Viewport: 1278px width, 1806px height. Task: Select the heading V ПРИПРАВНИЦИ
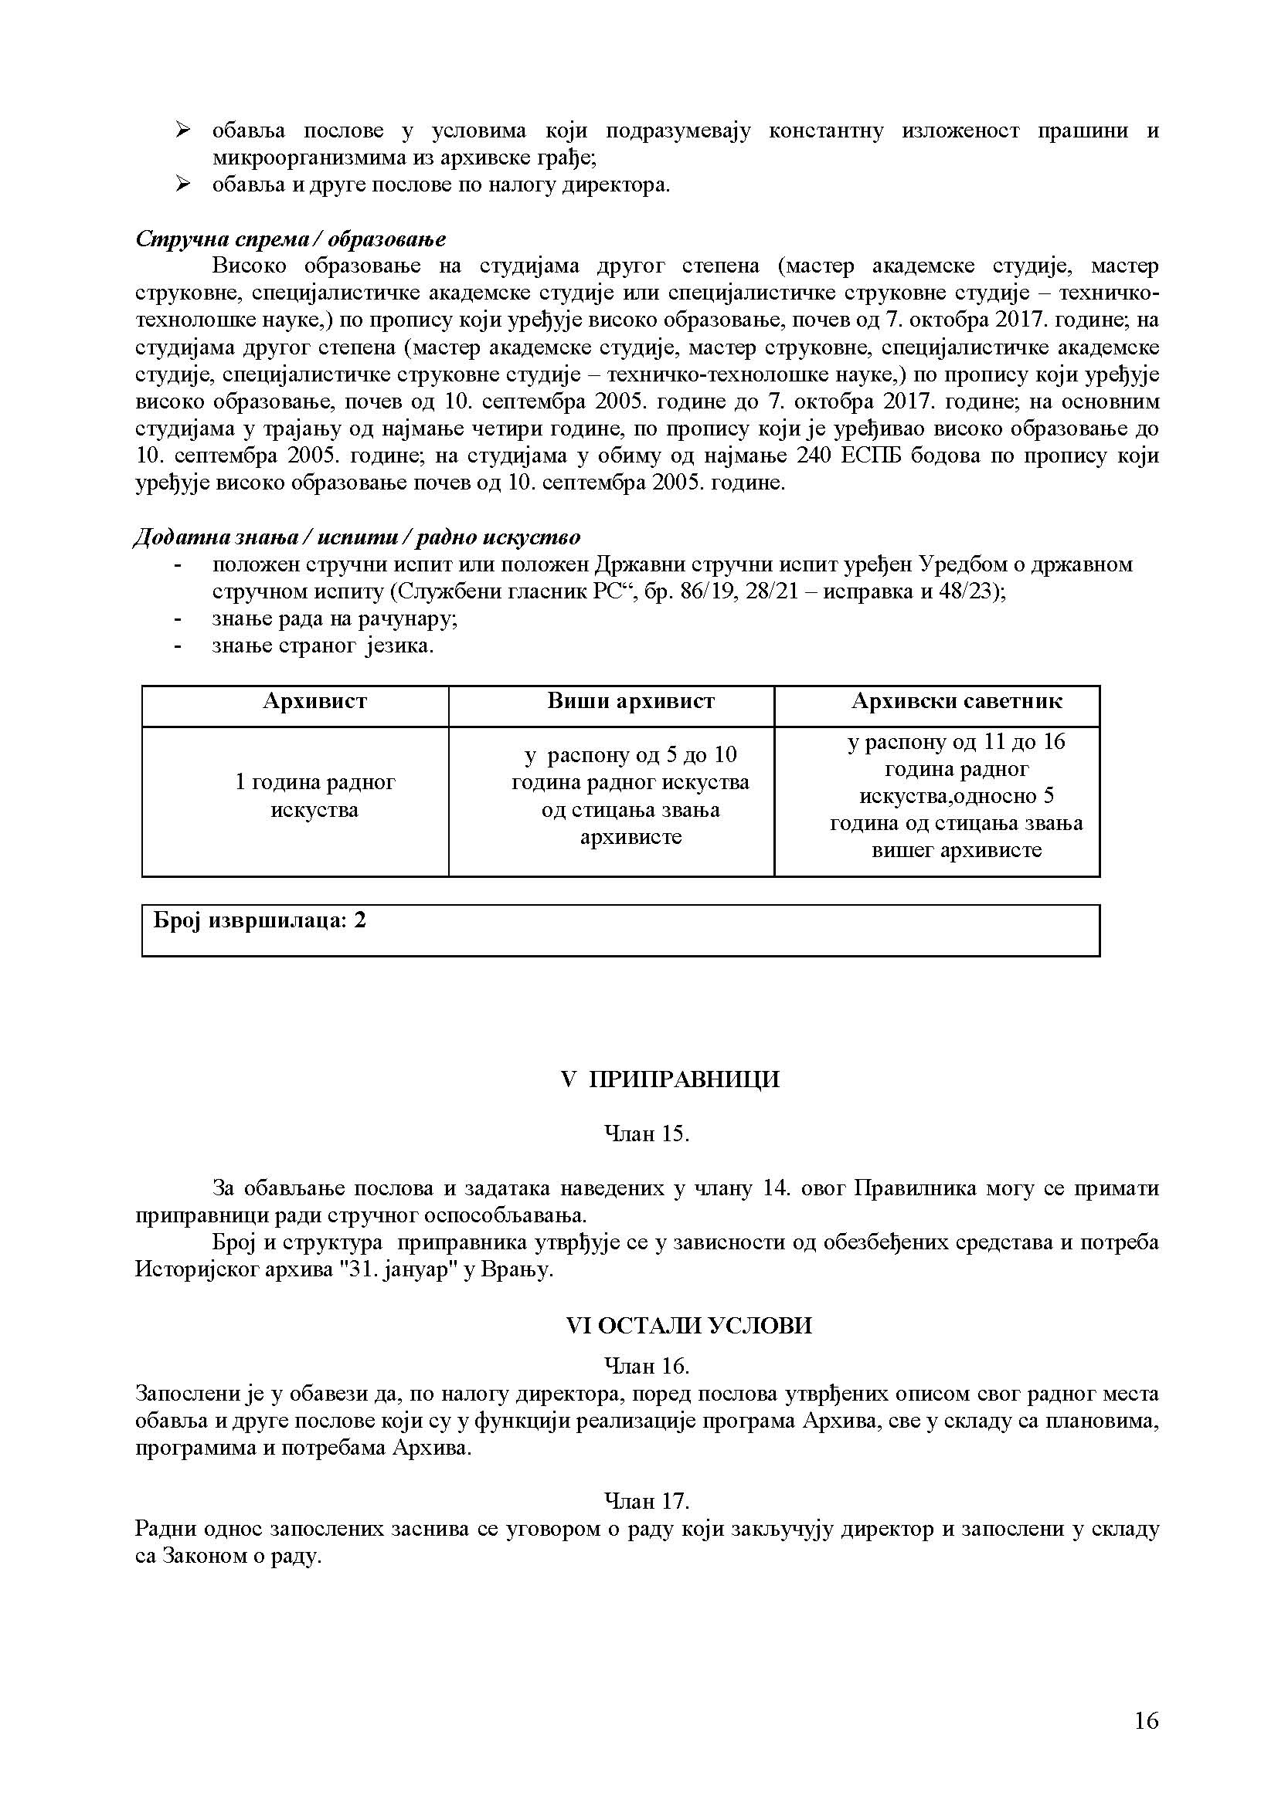point(671,1079)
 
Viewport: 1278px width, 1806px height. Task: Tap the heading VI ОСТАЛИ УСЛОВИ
point(688,1326)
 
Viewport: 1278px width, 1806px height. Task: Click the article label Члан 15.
point(646,1133)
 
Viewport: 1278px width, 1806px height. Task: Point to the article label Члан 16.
point(646,1364)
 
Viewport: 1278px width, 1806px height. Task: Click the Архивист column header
point(314,701)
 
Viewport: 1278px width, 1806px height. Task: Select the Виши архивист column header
point(631,701)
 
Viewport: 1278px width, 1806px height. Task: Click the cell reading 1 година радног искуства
point(314,796)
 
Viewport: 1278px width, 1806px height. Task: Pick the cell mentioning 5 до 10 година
point(631,796)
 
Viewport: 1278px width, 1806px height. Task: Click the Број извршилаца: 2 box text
point(260,920)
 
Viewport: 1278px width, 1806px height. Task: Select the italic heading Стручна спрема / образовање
point(291,239)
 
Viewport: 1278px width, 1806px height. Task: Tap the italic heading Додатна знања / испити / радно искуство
point(356,537)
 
